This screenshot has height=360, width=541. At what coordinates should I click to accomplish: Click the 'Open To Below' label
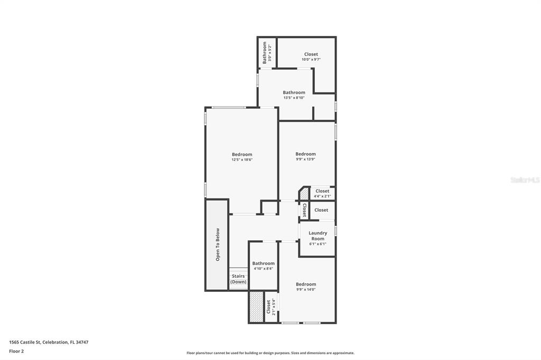(218, 244)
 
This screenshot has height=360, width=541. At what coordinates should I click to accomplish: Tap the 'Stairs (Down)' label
(238, 279)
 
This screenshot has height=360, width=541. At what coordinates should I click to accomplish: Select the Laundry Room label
(318, 235)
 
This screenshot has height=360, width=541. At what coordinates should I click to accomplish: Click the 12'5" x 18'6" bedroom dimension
(242, 159)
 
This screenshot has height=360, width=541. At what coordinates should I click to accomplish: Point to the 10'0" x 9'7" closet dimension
(311, 60)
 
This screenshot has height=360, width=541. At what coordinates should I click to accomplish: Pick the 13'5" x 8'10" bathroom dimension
(294, 98)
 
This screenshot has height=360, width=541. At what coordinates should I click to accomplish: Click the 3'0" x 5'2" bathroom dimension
(270, 53)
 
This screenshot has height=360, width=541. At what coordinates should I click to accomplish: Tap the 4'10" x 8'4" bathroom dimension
(263, 269)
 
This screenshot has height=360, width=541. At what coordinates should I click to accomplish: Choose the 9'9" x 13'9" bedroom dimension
(305, 159)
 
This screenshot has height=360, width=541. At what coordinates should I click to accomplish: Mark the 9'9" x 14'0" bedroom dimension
(306, 289)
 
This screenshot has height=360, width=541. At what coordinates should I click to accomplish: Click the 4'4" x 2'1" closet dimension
(322, 196)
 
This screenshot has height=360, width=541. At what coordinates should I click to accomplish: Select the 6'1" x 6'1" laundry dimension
(318, 244)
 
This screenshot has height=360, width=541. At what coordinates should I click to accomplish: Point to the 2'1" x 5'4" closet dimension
(274, 307)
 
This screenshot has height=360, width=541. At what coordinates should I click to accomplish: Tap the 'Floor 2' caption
(16, 351)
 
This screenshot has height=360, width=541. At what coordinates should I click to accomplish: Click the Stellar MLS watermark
(525, 180)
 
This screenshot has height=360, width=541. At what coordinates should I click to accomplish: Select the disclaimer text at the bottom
(270, 353)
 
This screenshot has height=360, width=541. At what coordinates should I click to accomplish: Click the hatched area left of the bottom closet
(256, 307)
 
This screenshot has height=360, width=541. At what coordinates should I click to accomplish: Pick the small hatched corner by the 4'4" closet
(304, 194)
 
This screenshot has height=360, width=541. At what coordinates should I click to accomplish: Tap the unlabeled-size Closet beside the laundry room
(321, 210)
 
